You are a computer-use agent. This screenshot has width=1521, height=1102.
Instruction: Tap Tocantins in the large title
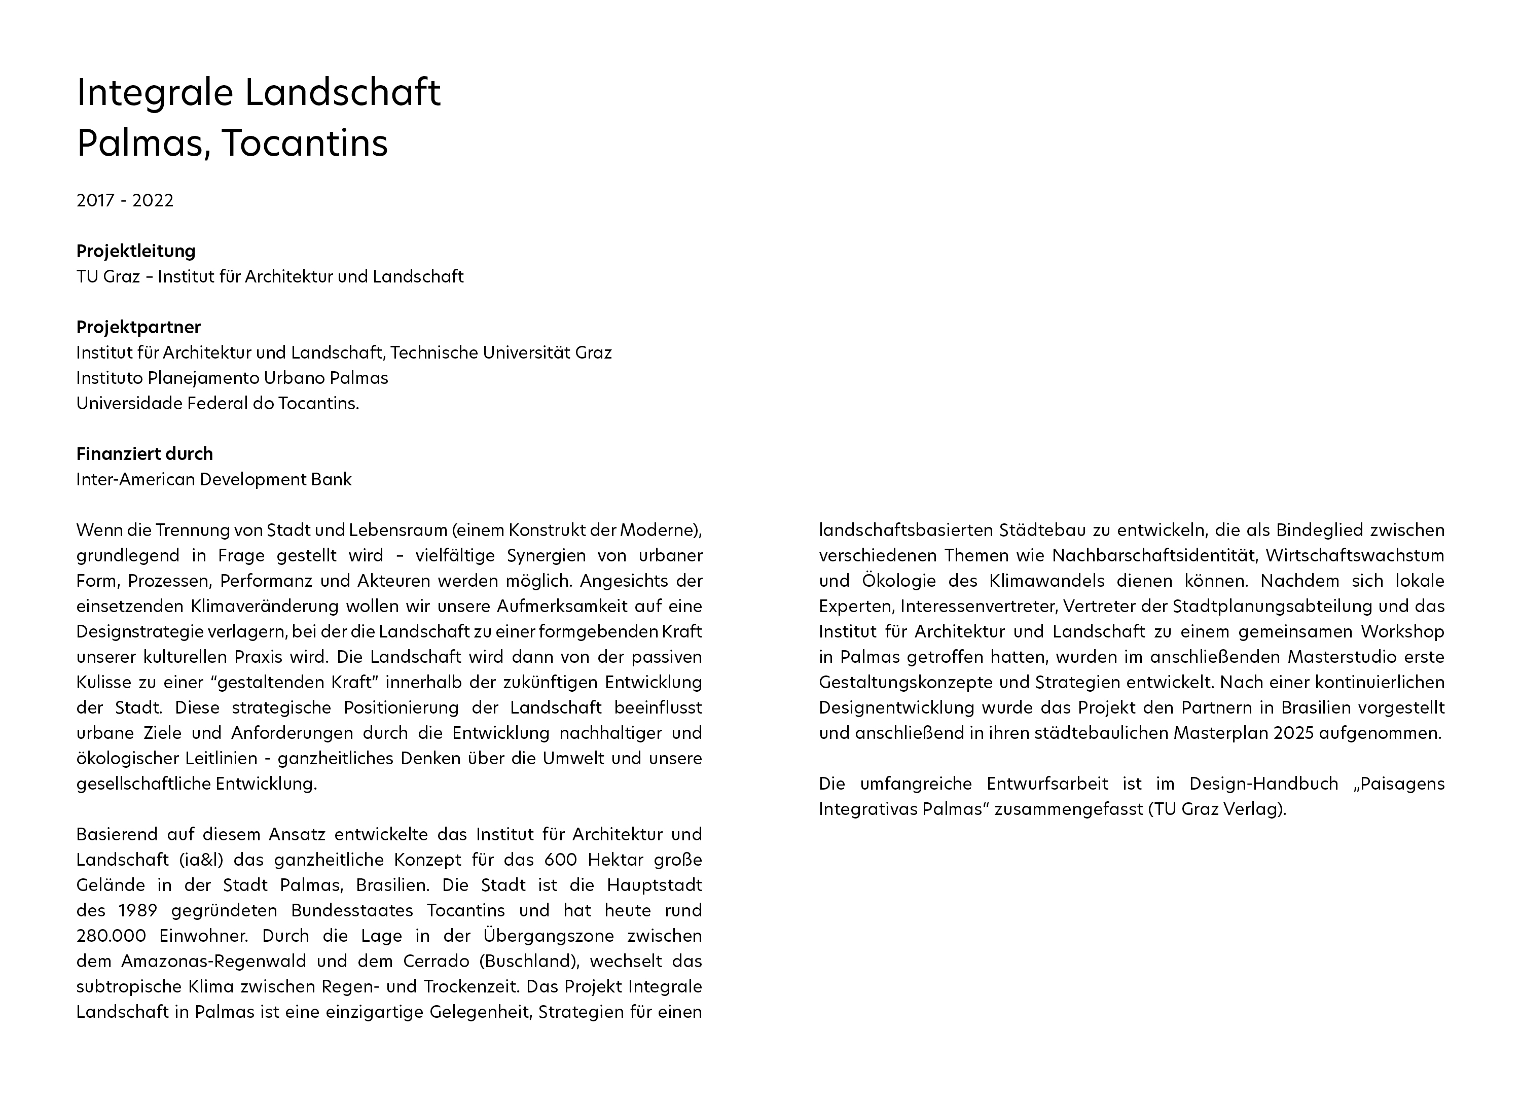tap(305, 143)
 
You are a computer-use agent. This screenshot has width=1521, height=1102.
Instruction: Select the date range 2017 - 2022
tap(125, 200)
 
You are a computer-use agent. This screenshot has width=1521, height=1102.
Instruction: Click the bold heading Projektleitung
tap(135, 251)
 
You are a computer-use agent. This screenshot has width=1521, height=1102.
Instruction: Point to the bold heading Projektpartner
tap(138, 327)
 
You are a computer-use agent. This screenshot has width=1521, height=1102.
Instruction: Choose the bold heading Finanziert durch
tap(144, 454)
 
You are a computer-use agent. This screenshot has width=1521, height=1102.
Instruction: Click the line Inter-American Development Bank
tap(213, 480)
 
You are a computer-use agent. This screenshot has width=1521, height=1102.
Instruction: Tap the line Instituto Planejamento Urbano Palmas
tap(232, 378)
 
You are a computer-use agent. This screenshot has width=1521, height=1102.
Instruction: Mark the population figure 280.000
tap(111, 936)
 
